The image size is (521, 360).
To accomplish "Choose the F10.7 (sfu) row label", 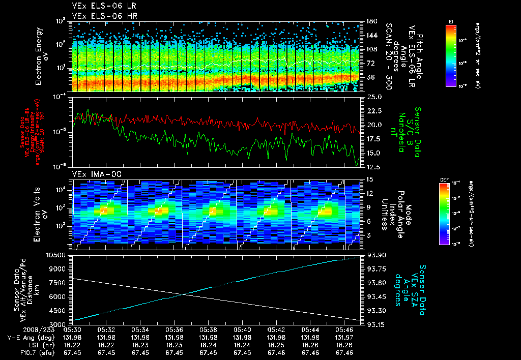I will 28,352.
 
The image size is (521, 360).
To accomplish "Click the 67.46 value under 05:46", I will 344,352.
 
